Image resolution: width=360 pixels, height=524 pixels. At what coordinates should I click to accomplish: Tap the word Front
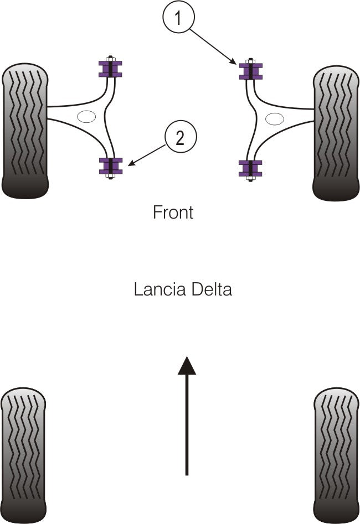click(173, 212)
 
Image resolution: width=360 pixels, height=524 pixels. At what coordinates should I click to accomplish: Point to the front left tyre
click(25, 131)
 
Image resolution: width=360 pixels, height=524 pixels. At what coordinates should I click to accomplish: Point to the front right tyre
click(336, 133)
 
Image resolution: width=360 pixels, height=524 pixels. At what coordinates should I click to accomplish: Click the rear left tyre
click(23, 455)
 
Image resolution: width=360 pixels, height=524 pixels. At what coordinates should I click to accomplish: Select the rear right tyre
click(336, 455)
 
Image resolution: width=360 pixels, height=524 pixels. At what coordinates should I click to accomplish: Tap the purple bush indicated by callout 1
click(250, 71)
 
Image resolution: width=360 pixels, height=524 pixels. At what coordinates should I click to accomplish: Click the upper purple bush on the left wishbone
click(110, 68)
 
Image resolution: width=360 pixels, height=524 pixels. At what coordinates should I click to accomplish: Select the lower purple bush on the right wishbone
click(250, 168)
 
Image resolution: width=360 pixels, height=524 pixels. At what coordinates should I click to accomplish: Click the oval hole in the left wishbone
click(86, 117)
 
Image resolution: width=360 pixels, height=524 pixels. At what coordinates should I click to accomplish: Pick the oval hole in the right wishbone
click(275, 118)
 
